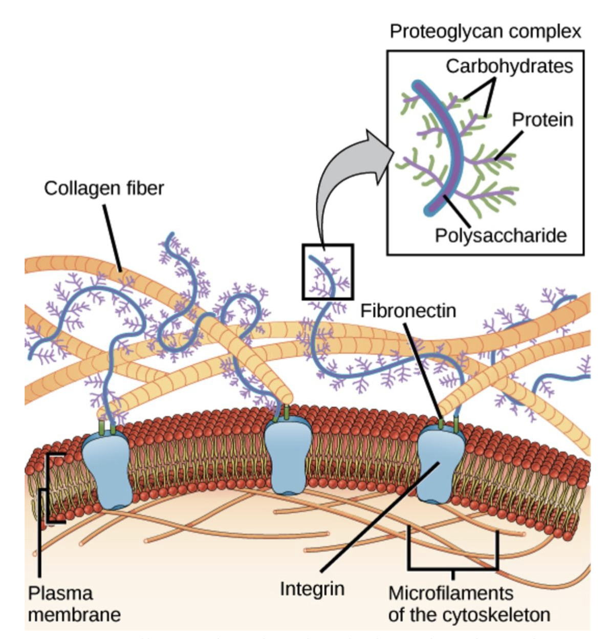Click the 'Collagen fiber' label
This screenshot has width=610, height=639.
(x=104, y=188)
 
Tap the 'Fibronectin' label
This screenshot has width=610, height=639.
(x=408, y=311)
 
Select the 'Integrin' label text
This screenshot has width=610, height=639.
(x=312, y=589)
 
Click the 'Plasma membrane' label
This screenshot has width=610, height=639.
(x=74, y=604)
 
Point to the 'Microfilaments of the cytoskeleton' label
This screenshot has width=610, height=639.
(x=469, y=604)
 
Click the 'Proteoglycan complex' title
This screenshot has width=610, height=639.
(x=485, y=32)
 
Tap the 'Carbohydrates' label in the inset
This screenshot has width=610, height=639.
(x=509, y=66)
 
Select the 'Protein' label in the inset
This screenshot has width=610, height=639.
(x=542, y=120)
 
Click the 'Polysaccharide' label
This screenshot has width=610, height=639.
(x=500, y=236)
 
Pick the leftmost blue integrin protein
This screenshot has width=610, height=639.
(x=106, y=468)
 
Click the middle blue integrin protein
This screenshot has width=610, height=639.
(x=285, y=461)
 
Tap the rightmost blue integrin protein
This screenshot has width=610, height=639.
(x=440, y=463)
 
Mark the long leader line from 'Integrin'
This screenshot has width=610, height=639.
(x=379, y=517)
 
